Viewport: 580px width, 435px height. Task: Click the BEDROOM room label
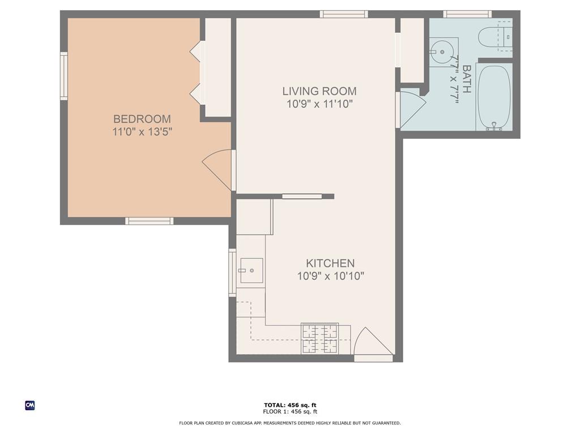click(x=142, y=119)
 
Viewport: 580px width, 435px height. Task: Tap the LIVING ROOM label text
click(x=319, y=91)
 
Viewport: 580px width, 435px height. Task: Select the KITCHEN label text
click(x=330, y=263)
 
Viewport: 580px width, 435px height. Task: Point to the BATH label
click(x=467, y=79)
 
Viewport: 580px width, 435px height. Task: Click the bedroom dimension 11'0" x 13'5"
click(x=142, y=131)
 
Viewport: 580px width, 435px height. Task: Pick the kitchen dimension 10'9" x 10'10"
click(x=331, y=276)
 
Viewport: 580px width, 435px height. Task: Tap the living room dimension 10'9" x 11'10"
click(x=319, y=104)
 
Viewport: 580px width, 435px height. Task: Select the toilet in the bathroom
click(x=495, y=36)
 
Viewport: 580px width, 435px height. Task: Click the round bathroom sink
click(x=442, y=52)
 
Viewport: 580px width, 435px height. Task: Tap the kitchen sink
click(x=251, y=270)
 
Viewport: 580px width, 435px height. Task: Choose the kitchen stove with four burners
click(x=320, y=339)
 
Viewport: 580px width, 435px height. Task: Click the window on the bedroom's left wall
click(x=64, y=76)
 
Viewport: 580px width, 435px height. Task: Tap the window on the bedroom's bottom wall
click(x=150, y=221)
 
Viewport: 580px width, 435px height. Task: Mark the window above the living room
click(x=344, y=14)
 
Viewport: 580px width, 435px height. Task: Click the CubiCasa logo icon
click(x=30, y=406)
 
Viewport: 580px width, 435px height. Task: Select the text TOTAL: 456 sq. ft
click(x=290, y=405)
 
